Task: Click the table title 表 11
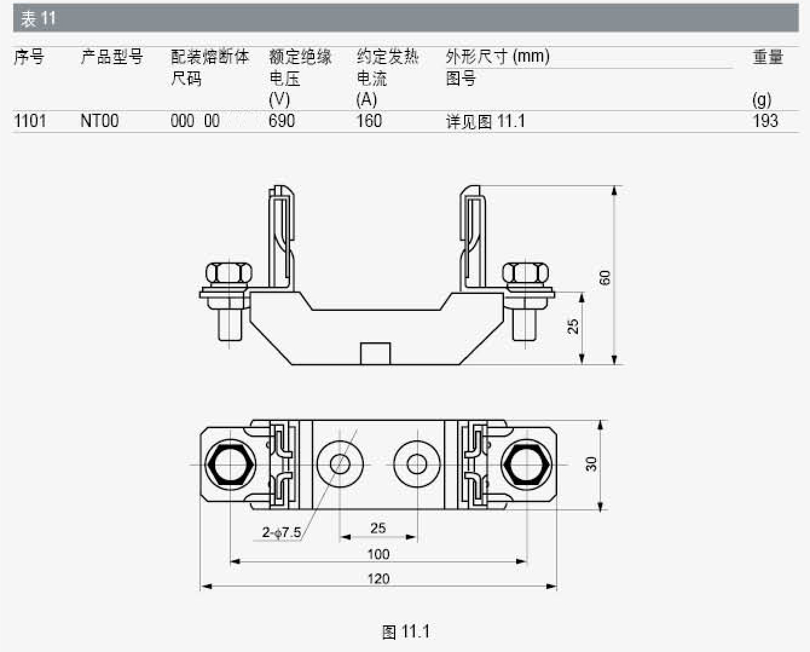click(x=38, y=19)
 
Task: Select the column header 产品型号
click(x=112, y=57)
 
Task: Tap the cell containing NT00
click(x=99, y=121)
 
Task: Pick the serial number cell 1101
click(x=30, y=121)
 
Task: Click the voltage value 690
click(x=282, y=121)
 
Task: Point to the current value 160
click(x=369, y=121)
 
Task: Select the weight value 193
click(x=765, y=121)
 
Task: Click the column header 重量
click(x=768, y=57)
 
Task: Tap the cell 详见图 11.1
click(x=485, y=122)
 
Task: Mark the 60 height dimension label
click(x=604, y=278)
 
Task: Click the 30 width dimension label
click(x=591, y=464)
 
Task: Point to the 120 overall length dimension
click(x=378, y=579)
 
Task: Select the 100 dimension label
click(x=378, y=554)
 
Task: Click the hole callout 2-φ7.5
click(x=282, y=532)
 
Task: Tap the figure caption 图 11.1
click(x=406, y=631)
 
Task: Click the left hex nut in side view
click(x=229, y=273)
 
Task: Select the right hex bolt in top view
click(x=526, y=465)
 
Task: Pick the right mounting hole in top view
click(x=416, y=464)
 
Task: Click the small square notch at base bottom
click(x=375, y=354)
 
